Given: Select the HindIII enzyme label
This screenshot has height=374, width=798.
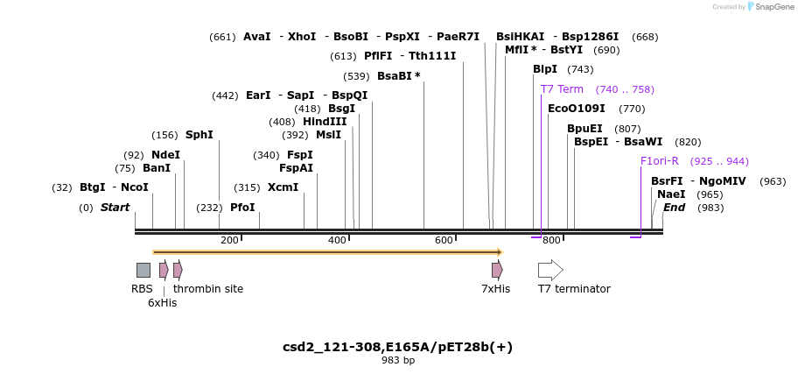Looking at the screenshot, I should [x=325, y=122].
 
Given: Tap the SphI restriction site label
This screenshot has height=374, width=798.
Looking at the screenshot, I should [x=199, y=135].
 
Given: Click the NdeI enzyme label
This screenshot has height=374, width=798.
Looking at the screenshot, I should [x=165, y=155].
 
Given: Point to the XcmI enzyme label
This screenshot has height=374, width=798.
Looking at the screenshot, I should [x=283, y=187].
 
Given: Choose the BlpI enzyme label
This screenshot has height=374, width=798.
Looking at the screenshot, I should [x=545, y=69].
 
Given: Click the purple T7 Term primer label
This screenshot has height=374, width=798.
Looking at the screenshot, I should [x=562, y=89].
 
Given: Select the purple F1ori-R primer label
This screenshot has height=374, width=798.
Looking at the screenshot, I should [x=659, y=161].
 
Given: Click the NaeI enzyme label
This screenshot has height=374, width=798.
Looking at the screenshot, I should [x=671, y=194].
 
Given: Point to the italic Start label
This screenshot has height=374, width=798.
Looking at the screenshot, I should [x=115, y=208].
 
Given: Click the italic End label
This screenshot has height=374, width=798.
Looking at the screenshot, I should [x=674, y=208].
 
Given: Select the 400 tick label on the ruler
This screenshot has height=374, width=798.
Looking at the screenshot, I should [x=337, y=240].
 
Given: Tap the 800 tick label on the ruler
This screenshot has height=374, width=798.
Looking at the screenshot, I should [x=551, y=240].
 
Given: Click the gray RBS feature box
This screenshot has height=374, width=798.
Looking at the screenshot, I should [x=143, y=270].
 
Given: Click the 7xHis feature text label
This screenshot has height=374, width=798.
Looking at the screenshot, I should [x=495, y=289].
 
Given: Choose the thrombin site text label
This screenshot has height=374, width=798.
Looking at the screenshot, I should [x=208, y=289].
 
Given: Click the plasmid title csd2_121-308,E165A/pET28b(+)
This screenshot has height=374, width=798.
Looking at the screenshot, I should [x=397, y=347].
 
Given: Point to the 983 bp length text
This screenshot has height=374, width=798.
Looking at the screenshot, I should [x=398, y=360].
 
